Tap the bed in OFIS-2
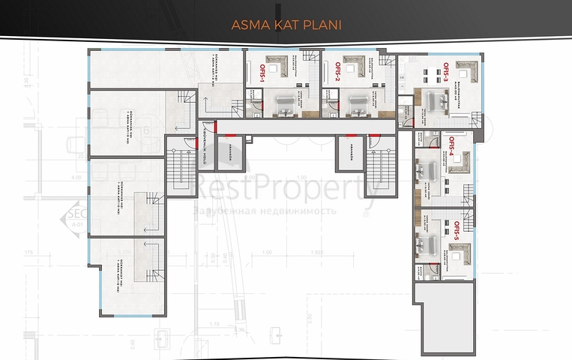click(x=357, y=106)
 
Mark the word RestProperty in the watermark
click(x=285, y=184)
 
